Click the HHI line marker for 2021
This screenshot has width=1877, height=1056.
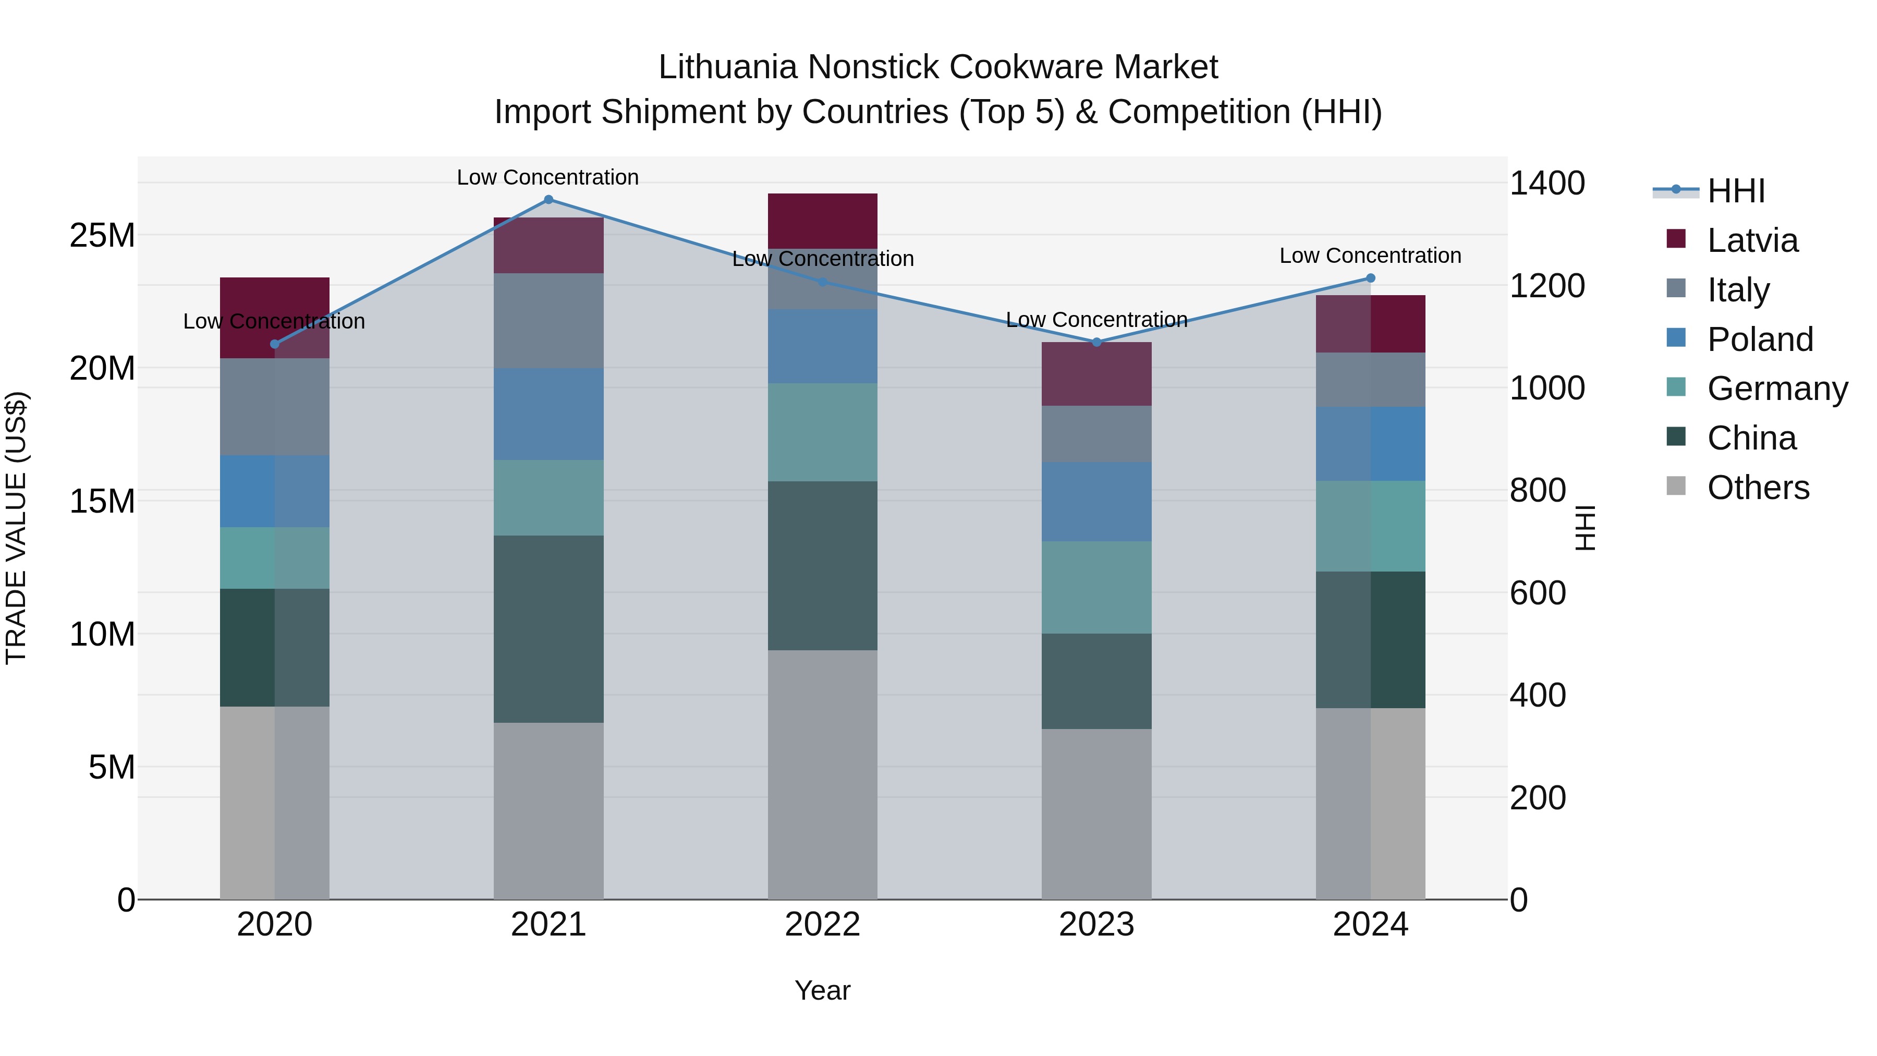pos(549,200)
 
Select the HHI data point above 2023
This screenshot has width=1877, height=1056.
pos(1096,342)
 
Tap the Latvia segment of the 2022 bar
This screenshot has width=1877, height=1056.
pos(823,221)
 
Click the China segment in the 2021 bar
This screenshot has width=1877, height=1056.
pos(549,629)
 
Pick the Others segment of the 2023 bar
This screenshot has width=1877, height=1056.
pos(1096,814)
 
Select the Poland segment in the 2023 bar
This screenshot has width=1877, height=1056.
pos(1096,501)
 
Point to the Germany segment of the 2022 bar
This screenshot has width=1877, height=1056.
pos(823,432)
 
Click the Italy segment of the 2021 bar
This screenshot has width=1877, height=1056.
pos(549,321)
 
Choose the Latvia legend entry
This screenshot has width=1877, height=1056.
pos(1752,240)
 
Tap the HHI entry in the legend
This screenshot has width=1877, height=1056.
pos(1736,191)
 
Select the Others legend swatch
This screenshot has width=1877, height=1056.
pos(1676,486)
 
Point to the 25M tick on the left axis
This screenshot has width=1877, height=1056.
pos(102,235)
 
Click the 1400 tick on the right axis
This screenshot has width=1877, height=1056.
pos(1546,183)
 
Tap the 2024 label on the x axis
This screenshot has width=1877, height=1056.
pos(1370,925)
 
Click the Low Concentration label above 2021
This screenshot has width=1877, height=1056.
pos(548,177)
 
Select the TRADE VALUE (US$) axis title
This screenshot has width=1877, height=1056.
pos(16,528)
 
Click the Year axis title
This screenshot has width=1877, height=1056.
pos(823,990)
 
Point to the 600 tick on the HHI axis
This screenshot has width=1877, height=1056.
pos(1538,593)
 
